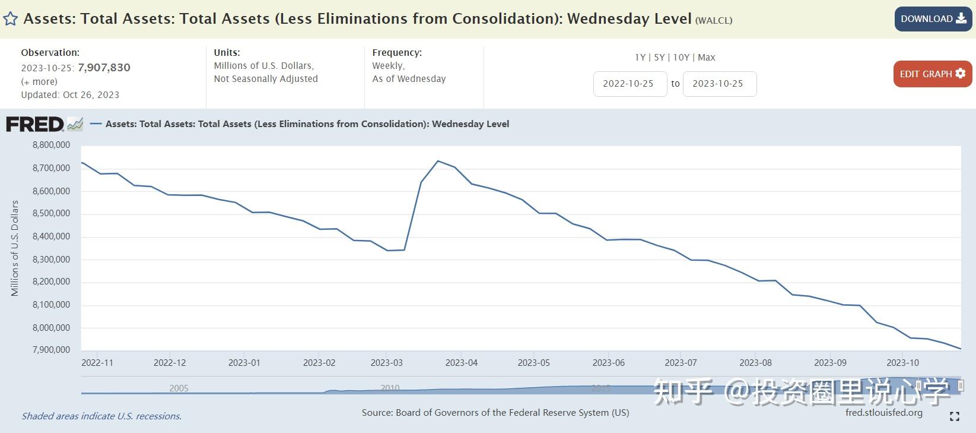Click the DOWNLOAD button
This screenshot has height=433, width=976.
coord(933,19)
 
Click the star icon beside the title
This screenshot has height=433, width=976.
coord(10,19)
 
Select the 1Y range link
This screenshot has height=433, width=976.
coord(640,58)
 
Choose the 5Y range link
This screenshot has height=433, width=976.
coord(659,58)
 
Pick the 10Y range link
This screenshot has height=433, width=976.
coord(681,58)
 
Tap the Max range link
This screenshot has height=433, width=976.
coord(706,58)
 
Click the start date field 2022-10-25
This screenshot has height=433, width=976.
coord(630,84)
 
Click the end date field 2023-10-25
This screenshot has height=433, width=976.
coord(719,84)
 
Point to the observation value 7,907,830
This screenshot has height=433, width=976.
coord(104,68)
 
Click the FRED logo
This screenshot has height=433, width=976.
coord(36,124)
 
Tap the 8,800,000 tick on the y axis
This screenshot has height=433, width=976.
coord(51,145)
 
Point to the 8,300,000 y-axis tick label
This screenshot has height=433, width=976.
coord(51,260)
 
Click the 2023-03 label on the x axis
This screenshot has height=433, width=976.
coord(386,363)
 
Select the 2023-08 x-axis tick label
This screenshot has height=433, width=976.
coord(755,363)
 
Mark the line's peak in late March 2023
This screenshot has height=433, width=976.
coord(438,161)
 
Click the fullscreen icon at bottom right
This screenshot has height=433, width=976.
coord(954,416)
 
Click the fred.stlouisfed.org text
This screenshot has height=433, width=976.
coord(883,413)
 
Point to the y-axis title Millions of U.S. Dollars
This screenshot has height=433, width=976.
coord(15,248)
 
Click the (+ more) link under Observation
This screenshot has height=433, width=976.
coord(39,82)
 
